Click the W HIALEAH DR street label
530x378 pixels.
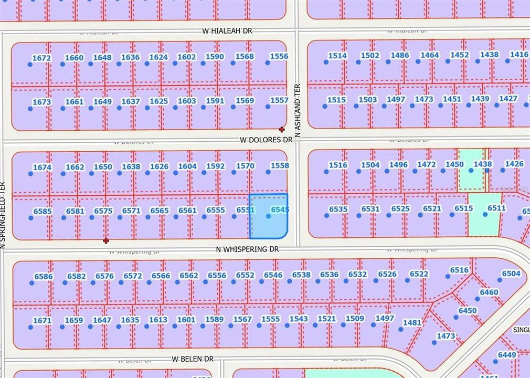point(227,31)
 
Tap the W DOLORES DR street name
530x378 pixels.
point(266,140)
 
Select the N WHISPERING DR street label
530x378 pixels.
point(247,250)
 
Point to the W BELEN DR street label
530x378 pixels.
point(193,359)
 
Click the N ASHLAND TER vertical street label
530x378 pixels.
point(298,111)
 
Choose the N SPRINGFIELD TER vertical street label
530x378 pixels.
point(3,215)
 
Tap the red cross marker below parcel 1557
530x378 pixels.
point(282,129)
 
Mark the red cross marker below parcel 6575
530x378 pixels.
point(106,240)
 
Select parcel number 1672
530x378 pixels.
point(41,58)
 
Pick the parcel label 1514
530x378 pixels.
point(337,56)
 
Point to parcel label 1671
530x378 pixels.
point(42,320)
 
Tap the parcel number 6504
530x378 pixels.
point(511,274)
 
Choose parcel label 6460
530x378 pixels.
point(489,292)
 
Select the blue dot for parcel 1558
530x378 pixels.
point(268,172)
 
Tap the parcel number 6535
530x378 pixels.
point(338,209)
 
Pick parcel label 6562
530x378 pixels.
point(189,276)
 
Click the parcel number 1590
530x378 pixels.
point(215,57)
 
